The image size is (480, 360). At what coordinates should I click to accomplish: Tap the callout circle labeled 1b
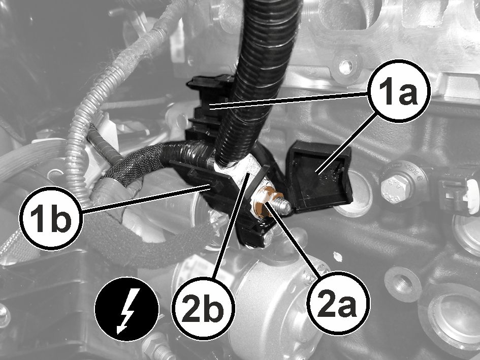51,218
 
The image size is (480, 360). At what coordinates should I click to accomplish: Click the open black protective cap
319,176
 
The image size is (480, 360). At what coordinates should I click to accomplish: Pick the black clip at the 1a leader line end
208,106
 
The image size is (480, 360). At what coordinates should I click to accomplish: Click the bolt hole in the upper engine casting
345,64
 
